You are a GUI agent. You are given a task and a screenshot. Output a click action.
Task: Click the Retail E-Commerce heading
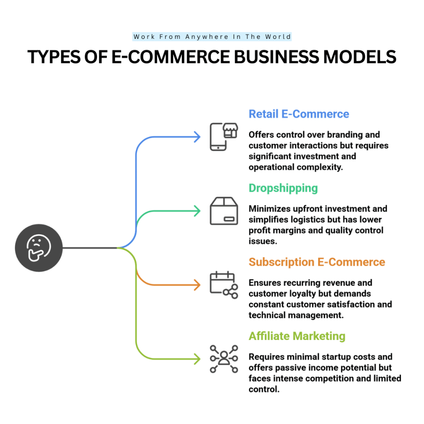[299, 114]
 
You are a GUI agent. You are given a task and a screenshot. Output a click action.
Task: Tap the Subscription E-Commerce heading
[317, 262]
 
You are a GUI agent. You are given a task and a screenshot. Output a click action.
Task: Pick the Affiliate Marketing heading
[297, 336]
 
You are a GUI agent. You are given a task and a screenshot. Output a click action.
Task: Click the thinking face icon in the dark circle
[39, 248]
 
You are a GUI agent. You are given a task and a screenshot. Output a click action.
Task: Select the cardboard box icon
[224, 211]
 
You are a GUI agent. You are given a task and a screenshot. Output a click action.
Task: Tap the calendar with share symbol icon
[224, 285]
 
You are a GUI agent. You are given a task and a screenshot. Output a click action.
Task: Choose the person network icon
[224, 359]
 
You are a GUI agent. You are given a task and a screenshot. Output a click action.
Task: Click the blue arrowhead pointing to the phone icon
[198, 137]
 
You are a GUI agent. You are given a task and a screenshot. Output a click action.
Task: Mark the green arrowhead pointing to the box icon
[198, 211]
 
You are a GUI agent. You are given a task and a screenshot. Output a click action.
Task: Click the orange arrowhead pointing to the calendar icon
[198, 285]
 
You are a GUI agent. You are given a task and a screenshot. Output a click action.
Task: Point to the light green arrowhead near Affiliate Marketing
[198, 359]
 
